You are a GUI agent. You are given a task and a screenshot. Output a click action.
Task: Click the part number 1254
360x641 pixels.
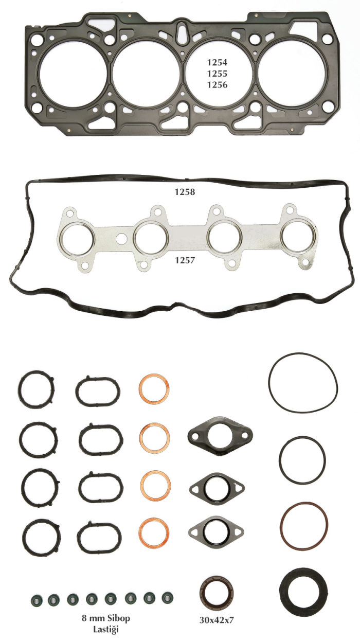[x=217, y=62]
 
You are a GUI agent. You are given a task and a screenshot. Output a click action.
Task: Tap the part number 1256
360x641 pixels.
[x=217, y=85]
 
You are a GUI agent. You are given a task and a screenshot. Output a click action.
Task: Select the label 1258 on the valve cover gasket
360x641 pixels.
[x=185, y=192]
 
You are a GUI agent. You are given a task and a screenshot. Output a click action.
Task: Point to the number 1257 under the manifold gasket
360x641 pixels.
[x=185, y=260]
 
